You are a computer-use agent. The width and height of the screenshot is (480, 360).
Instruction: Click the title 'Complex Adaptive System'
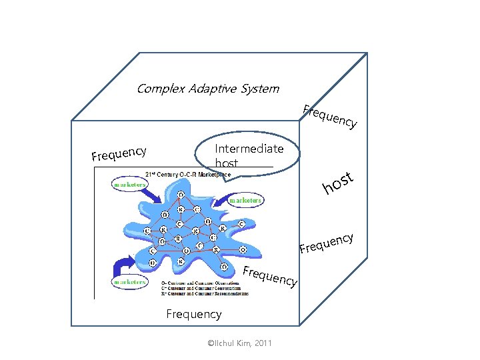tap(207, 89)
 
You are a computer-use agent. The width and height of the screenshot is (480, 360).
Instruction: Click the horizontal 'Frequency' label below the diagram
tap(193, 313)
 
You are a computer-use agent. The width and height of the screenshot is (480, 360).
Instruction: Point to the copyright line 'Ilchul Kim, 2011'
tap(239, 343)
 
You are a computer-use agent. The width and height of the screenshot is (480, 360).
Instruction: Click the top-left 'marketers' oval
tap(130, 184)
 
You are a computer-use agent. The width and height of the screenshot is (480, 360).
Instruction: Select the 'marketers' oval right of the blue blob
tap(245, 199)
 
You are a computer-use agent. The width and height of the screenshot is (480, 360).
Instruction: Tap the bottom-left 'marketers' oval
tap(129, 282)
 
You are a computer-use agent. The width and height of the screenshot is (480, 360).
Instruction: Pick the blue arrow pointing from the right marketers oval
tap(219, 198)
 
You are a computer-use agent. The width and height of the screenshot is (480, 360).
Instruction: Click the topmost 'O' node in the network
tap(181, 195)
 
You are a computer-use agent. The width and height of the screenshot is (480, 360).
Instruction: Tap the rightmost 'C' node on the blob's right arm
tap(241, 223)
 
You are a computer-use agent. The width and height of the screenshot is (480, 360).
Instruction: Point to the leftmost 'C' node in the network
tap(147, 231)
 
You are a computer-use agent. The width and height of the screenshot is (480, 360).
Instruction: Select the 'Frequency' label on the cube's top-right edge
tap(330, 116)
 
